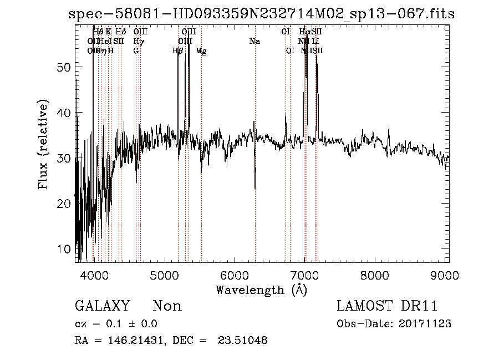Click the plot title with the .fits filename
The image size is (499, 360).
[261, 14]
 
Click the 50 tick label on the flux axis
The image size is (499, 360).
[65, 67]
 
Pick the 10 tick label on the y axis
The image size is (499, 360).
[65, 249]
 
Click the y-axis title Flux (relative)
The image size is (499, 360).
[43, 144]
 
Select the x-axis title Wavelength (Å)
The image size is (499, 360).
[261, 290]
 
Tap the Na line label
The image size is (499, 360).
[255, 42]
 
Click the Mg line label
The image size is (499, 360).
[201, 51]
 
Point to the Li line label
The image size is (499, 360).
[315, 42]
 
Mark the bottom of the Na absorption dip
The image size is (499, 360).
[255, 188]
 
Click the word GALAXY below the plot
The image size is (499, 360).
[102, 306]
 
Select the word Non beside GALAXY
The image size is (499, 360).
[167, 306]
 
